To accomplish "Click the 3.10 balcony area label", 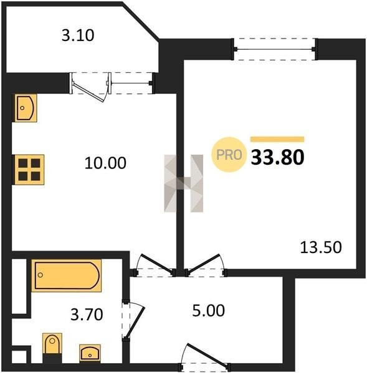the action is tap(78, 35).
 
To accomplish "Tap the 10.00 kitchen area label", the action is tap(105, 163).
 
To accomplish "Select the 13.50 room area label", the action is tap(321, 247).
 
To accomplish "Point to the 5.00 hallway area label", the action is tap(208, 311).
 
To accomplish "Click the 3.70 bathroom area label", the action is tap(87, 314).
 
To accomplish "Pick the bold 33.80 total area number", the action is tap(277, 157).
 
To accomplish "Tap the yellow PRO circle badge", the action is tap(229, 155).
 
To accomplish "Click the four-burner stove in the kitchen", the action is tap(29, 169).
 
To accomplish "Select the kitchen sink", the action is tap(26, 108).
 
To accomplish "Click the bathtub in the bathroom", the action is tap(67, 275).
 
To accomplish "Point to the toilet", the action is tap(52, 344).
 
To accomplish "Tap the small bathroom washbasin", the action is tap(90, 353).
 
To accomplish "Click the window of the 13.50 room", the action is tap(275, 49).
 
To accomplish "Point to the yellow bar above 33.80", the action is tap(277, 139).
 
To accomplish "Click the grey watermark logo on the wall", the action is tap(184, 183).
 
